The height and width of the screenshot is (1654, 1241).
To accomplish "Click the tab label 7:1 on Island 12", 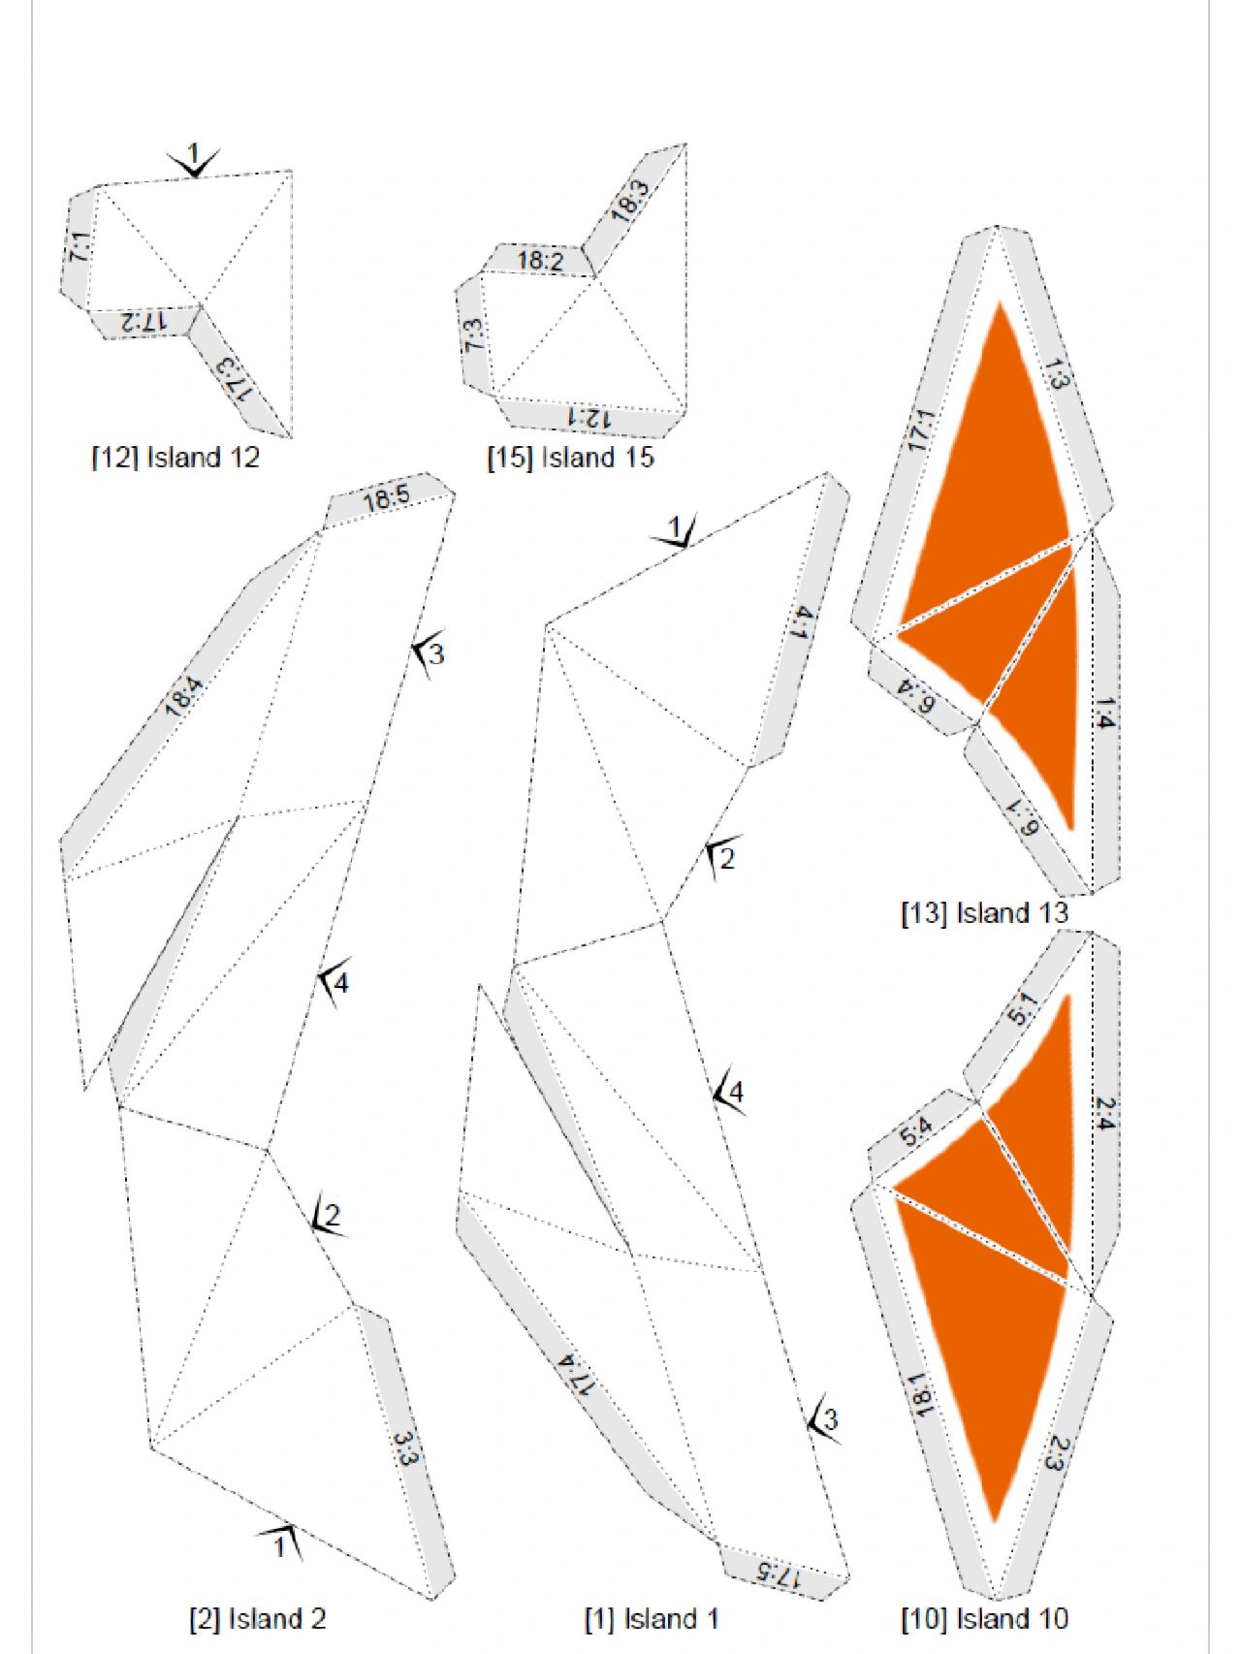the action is click(x=80, y=247).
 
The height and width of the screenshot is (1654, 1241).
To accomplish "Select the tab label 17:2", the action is click(x=144, y=321).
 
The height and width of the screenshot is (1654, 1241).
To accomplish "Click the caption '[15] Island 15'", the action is click(x=570, y=457).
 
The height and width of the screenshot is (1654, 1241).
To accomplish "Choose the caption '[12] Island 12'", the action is click(x=175, y=457).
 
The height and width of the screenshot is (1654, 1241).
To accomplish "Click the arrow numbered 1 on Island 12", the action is click(x=194, y=160).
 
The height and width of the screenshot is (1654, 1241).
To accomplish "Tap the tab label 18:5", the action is click(x=387, y=498).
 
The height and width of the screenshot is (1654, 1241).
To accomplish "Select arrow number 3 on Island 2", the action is click(x=429, y=653).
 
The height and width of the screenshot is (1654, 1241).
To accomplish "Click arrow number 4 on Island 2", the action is click(x=334, y=983).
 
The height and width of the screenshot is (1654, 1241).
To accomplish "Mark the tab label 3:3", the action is click(x=405, y=1450).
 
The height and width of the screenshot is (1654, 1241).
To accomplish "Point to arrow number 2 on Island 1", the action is click(x=722, y=857).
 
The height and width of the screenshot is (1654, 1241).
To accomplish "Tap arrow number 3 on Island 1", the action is click(x=824, y=1421).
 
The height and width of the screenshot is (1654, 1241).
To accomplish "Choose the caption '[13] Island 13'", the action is click(x=984, y=912).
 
